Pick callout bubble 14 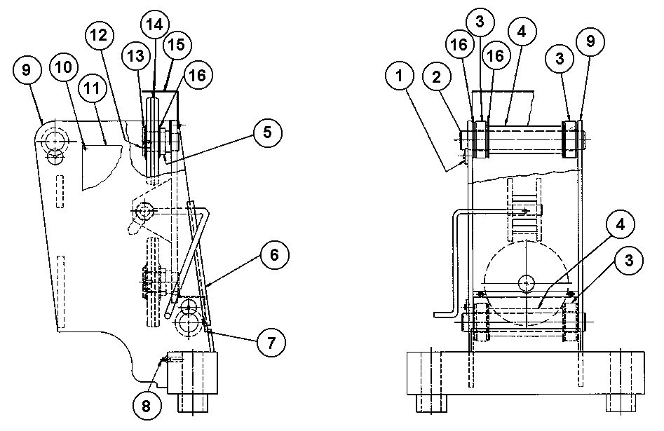click(154, 23)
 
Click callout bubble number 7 click(270, 342)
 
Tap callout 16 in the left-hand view click(198, 74)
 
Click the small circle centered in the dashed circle click(524, 282)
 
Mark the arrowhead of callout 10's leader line click(83, 148)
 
